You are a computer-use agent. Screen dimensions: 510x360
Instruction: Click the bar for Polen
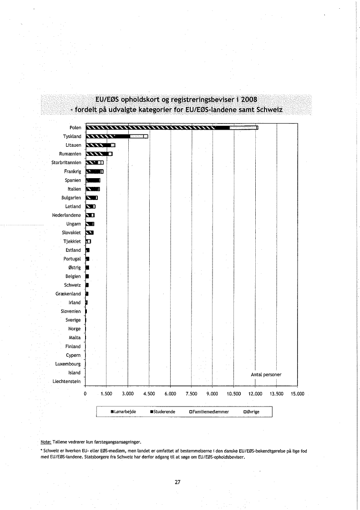point(172,127)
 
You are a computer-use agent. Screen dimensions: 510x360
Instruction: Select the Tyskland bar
point(117,136)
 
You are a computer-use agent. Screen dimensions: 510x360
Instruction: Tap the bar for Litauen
point(100,145)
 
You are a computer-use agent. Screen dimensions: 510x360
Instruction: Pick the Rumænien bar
point(99,154)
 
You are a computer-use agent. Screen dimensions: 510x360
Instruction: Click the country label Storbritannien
point(66,162)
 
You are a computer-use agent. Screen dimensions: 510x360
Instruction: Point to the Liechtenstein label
point(67,382)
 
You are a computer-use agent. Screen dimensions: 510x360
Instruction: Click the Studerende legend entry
point(164,412)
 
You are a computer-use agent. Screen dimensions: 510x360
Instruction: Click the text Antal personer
point(266,375)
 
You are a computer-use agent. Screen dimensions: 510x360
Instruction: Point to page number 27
point(178,482)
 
